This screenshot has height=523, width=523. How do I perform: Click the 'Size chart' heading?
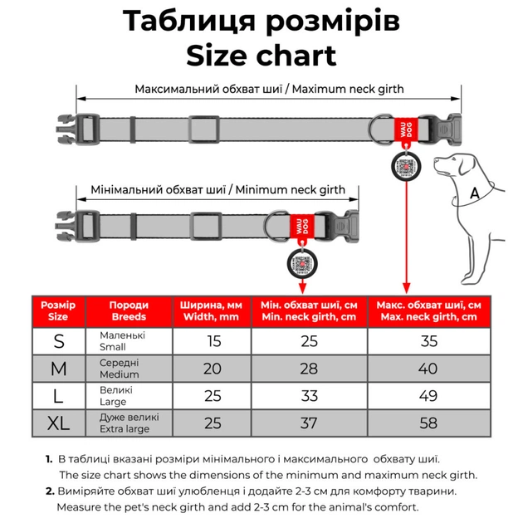pyautogui.click(x=261, y=56)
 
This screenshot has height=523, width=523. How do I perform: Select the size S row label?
pyautogui.click(x=58, y=341)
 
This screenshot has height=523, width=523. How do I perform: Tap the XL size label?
pyautogui.click(x=58, y=423)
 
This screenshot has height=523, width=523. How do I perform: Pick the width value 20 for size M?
pyautogui.click(x=213, y=368)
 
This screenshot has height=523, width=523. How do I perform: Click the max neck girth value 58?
pyautogui.click(x=428, y=423)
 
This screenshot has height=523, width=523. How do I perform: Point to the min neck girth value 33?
pyautogui.click(x=309, y=395)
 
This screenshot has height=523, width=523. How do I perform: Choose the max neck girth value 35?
pyautogui.click(x=428, y=341)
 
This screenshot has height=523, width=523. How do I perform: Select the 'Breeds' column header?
pyautogui.click(x=129, y=311)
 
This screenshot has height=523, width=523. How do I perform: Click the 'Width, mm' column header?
pyautogui.click(x=213, y=311)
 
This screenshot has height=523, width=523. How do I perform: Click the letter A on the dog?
pyautogui.click(x=475, y=193)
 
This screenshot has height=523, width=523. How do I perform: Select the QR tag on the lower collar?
pyautogui.click(x=302, y=263)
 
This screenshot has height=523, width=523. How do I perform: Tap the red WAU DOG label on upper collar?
pyautogui.click(x=404, y=130)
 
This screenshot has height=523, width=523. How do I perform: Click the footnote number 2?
pyautogui.click(x=49, y=491)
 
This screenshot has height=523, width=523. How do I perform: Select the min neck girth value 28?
pyautogui.click(x=309, y=368)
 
